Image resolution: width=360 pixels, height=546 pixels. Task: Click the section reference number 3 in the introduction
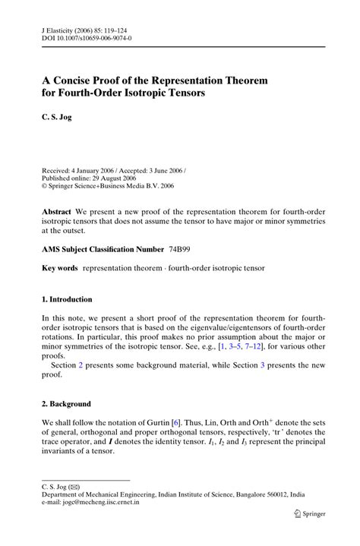tap(263, 365)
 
